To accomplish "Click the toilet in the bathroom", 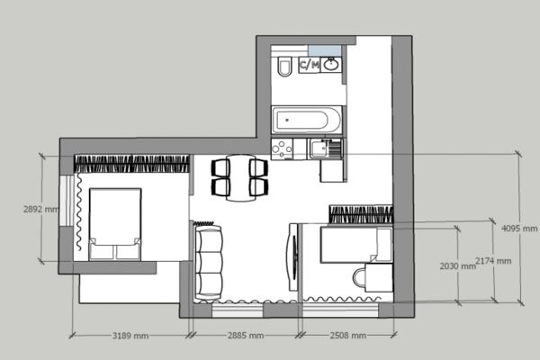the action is point(284,66).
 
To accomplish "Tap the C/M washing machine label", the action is point(310,65).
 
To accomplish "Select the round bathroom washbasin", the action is point(331,64).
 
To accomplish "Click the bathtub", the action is point(307,120).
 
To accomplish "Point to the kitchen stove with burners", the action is point(282,149).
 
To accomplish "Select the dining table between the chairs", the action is point(240,177).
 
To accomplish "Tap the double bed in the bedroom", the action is point(115,224).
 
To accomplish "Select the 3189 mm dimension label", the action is point(130,336).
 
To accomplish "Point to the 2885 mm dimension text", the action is point(246,336).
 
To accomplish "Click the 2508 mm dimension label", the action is point(347,336).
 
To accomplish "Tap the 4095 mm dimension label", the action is point(519,229).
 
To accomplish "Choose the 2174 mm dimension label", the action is point(493,261).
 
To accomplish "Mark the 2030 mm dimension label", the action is point(458,266).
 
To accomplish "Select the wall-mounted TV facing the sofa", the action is point(293,257).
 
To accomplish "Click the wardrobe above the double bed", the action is point(131,164).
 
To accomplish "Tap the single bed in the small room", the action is point(356,245).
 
